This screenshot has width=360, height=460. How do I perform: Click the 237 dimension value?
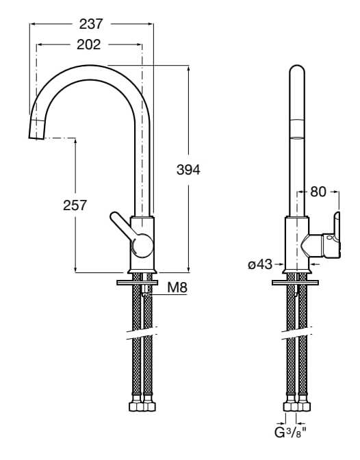tap(91, 24)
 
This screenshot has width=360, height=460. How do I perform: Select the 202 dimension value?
tap(89, 44)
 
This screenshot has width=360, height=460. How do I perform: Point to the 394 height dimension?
tap(188, 170)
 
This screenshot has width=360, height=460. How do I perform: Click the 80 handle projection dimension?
tap(318, 192)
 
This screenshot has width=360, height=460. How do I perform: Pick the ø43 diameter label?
tap(260, 264)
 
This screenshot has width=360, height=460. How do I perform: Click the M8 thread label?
tap(177, 288)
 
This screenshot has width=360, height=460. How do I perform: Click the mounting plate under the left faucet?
tap(138, 281)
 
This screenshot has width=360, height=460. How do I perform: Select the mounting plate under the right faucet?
tap(296, 281)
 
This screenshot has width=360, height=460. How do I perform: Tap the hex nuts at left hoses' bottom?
tap(143, 406)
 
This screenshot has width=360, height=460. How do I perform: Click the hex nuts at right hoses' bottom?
tap(297, 406)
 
